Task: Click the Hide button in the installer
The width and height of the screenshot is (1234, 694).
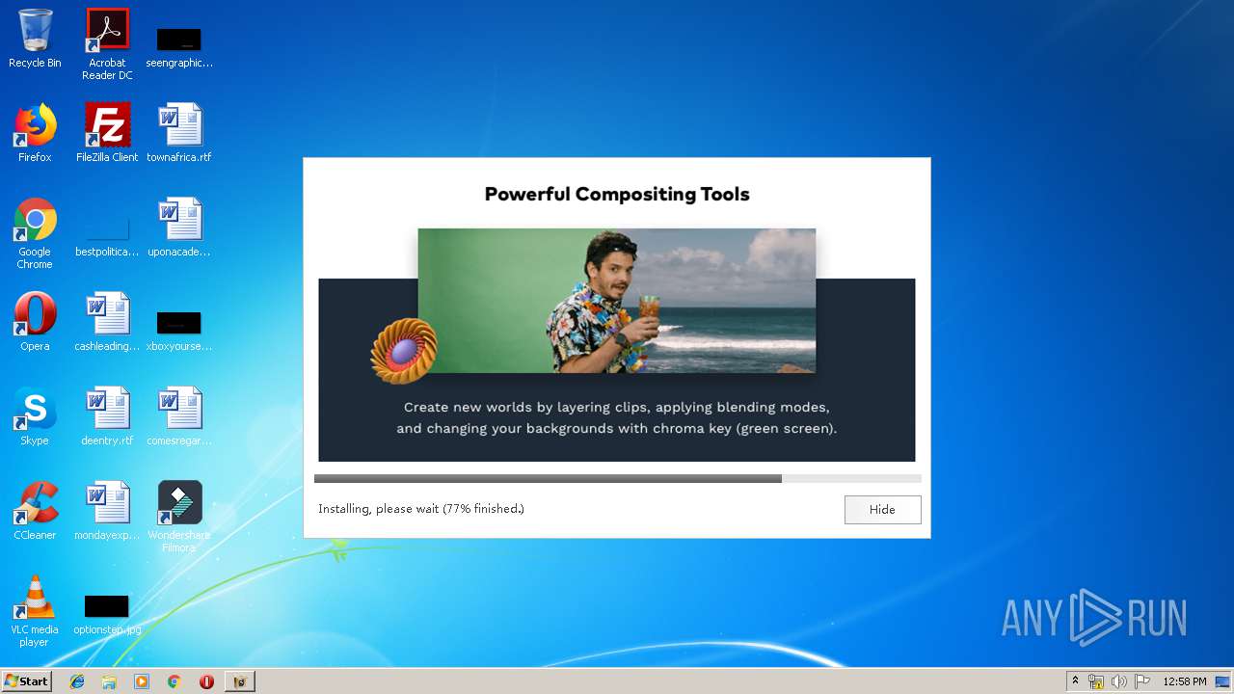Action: tap(882, 510)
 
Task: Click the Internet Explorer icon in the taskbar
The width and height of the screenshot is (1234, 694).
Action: tap(77, 681)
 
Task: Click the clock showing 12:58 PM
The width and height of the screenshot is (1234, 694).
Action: tap(1185, 681)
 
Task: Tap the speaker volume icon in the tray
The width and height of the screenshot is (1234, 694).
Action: tap(1118, 681)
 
